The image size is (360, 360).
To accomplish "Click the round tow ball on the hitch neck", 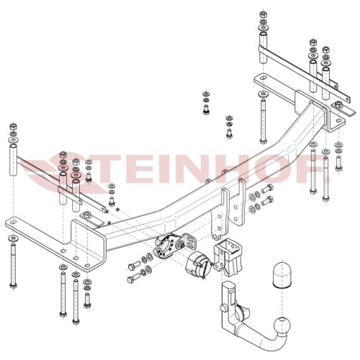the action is (282, 325).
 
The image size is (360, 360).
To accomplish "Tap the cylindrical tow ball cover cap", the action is (282, 276).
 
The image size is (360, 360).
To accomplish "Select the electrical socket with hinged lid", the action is (198, 265).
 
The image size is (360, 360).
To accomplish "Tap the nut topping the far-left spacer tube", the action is (13, 126).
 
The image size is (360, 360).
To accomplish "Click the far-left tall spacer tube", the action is (14, 160).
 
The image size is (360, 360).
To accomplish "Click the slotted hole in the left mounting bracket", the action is (13, 222).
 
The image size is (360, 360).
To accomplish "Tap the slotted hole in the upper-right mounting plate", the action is (263, 78).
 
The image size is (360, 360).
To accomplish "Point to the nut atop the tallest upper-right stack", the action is (264, 14).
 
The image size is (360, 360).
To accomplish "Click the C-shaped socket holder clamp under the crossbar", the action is (163, 247).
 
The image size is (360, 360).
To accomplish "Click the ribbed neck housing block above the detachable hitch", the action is (228, 257).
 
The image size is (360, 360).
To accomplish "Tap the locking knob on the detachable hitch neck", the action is (223, 308).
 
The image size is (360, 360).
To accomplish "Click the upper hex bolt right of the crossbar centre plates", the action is (267, 189).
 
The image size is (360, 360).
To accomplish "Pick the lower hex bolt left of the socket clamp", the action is (134, 279).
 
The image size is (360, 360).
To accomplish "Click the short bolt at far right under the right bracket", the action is (338, 163).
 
